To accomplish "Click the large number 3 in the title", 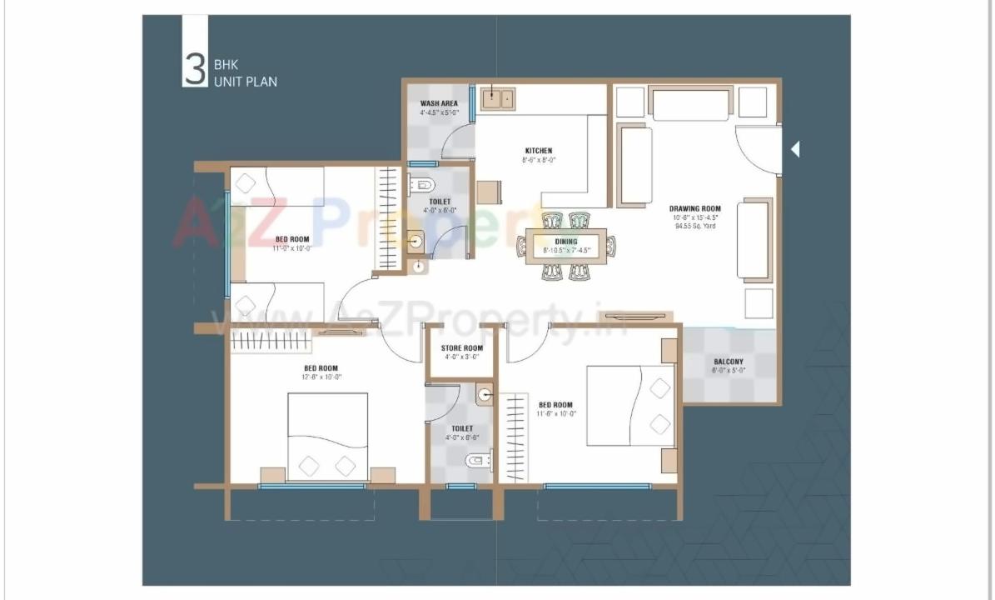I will (194, 70).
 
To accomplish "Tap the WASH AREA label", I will (439, 103).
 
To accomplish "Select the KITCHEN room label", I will (539, 151).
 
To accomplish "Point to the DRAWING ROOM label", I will (695, 208).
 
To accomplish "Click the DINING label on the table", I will (566, 242).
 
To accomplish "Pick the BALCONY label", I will (729, 362).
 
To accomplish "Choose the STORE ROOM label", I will (462, 347).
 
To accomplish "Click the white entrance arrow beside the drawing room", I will (795, 150).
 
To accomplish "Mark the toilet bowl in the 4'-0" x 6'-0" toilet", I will (423, 185).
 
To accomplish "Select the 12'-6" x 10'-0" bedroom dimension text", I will (321, 377).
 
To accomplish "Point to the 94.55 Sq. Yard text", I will (696, 226).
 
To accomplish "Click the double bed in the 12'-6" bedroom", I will (328, 436).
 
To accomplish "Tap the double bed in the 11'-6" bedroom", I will (629, 406).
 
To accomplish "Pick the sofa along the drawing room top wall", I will (690, 105).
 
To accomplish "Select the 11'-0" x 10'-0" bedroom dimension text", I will (292, 247).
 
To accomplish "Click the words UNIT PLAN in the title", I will (246, 82).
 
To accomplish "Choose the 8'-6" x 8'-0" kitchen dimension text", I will (539, 160).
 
